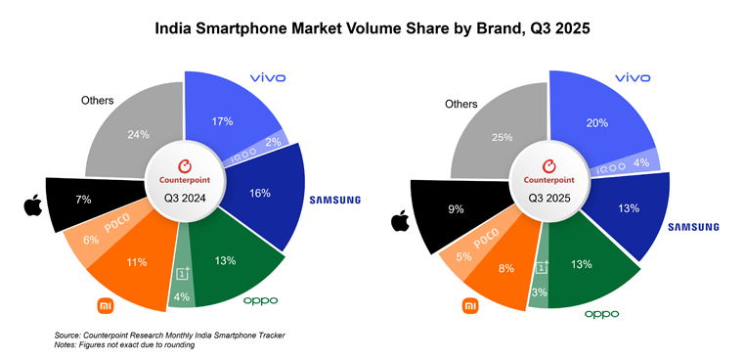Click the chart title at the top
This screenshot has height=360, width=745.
pos(372,28)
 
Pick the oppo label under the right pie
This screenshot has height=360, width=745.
pos(603,314)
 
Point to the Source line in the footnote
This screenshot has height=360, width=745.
pos(166,335)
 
